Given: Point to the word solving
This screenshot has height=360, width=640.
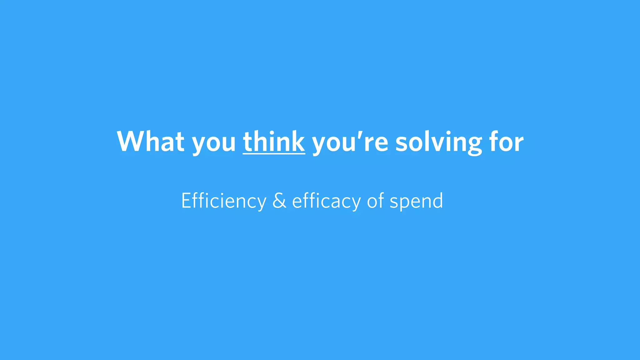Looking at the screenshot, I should pyautogui.click(x=438, y=143).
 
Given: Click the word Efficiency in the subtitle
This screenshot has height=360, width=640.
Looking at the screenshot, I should pyautogui.click(x=224, y=201).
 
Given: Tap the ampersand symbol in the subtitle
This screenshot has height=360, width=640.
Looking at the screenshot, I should pyautogui.click(x=279, y=201).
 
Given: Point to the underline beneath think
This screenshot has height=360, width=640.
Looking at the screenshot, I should pyautogui.click(x=274, y=153).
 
